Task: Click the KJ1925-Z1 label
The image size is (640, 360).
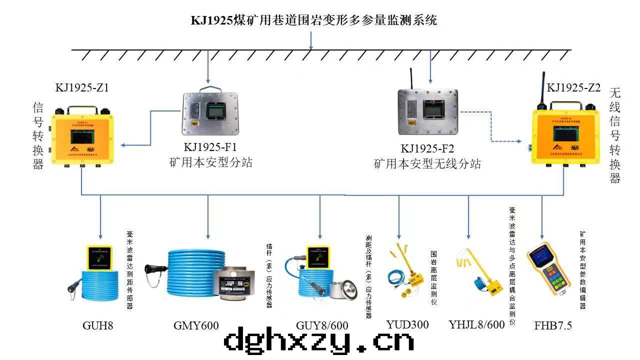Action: [x=82, y=88]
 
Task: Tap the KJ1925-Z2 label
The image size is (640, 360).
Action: [x=573, y=88]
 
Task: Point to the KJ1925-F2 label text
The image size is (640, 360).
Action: [x=427, y=148]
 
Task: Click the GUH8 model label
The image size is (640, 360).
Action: [x=98, y=326]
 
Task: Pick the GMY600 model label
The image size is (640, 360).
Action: [x=196, y=326]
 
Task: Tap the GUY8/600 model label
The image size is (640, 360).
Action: [x=322, y=326]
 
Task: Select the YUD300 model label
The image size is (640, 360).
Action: [x=407, y=324]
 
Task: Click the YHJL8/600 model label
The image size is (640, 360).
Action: [x=476, y=324]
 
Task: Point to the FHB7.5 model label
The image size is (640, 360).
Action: [x=553, y=326]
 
